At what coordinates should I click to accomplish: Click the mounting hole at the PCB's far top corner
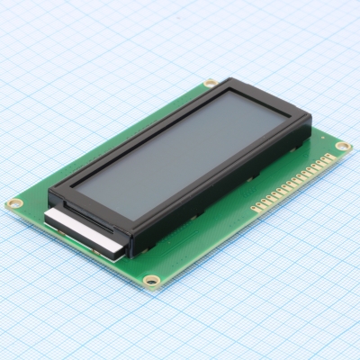(210, 83)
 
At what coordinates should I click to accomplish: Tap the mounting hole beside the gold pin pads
(342, 146)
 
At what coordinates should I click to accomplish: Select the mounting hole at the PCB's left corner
(13, 204)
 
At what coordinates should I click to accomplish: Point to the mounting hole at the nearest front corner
(151, 281)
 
